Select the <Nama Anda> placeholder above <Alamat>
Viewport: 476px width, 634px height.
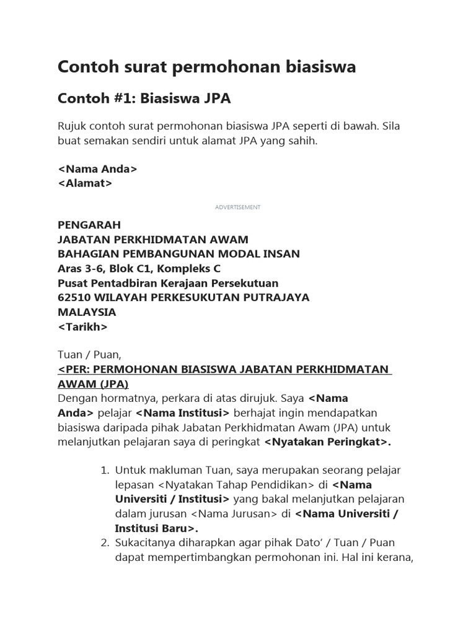(97, 169)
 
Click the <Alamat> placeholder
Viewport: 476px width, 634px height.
(85, 183)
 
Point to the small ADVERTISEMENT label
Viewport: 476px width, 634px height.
(238, 207)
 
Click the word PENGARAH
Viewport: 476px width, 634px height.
(89, 224)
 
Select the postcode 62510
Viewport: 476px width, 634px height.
(73, 297)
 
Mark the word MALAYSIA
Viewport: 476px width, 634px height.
(86, 312)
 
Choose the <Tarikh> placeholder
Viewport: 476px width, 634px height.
(82, 326)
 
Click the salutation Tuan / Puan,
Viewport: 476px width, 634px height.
(90, 355)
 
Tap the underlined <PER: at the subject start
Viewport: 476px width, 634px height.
(75, 370)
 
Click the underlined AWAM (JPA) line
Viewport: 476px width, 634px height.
(93, 384)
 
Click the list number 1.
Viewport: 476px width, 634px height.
(105, 471)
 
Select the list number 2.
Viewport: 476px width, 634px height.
(105, 543)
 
